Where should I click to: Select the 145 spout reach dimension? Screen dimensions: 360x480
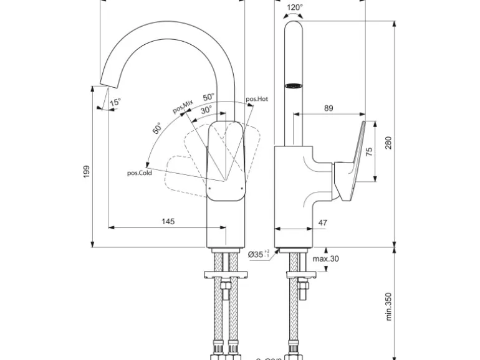click(168, 221)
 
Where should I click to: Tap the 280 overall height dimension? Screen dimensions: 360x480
click(388, 143)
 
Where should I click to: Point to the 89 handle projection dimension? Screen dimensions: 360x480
click(329, 108)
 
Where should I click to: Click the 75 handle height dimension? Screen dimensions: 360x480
click(369, 152)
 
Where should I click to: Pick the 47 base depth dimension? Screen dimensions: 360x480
click(322, 222)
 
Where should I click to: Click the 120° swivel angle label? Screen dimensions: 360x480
click(294, 8)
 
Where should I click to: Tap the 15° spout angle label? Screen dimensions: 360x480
click(115, 102)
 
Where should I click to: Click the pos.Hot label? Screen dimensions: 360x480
click(256, 99)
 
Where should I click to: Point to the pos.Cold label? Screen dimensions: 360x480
click(140, 173)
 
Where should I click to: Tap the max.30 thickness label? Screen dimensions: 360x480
click(325, 259)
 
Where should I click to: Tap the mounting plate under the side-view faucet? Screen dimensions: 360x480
click(302, 274)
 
